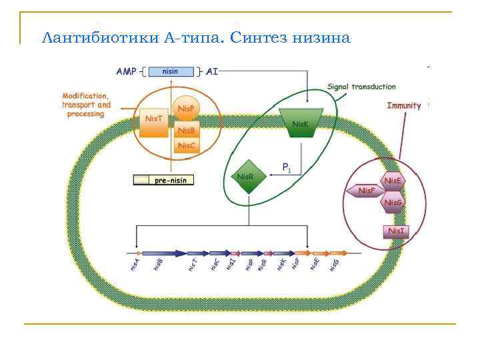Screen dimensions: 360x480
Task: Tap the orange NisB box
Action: pyautogui.click(x=187, y=130)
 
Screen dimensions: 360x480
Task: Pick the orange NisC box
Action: pyautogui.click(x=187, y=146)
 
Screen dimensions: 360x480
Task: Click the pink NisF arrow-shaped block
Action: pyautogui.click(x=365, y=191)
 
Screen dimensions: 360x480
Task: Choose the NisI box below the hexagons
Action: pyautogui.click(x=395, y=231)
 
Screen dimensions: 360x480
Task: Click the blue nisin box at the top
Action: pyautogui.click(x=171, y=70)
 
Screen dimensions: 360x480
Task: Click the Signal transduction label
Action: pyautogui.click(x=361, y=87)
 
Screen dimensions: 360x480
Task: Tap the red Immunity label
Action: pyautogui.click(x=404, y=106)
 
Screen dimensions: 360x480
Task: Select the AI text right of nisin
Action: pyautogui.click(x=212, y=70)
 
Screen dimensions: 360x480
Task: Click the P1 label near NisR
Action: pyautogui.click(x=286, y=168)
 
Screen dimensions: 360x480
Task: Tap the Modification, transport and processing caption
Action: pyautogui.click(x=86, y=105)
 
